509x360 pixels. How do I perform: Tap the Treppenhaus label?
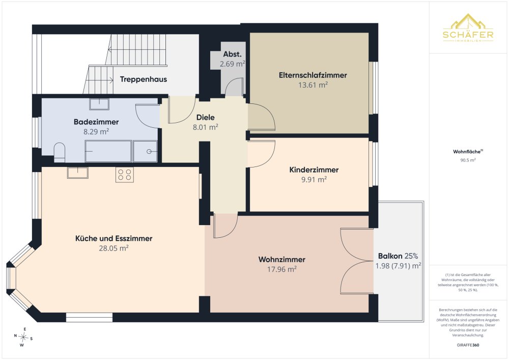(144, 79)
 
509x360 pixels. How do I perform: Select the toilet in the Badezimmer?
(60, 152)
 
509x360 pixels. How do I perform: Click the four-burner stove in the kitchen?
(125, 174)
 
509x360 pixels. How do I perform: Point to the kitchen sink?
(77, 173)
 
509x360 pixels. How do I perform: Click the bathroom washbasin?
(99, 104)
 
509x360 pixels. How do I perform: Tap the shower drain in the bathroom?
(149, 151)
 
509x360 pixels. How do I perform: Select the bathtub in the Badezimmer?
(108, 151)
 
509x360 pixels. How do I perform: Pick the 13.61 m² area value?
(313, 85)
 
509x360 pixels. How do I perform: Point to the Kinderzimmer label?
(314, 170)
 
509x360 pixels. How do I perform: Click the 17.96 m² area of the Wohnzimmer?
(282, 269)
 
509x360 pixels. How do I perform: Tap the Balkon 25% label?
(398, 256)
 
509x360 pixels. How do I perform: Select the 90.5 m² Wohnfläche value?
(468, 160)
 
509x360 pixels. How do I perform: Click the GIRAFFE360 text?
(468, 345)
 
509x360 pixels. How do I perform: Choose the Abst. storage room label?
(232, 54)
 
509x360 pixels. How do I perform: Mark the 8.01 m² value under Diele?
(206, 127)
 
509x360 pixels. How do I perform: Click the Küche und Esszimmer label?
(114, 239)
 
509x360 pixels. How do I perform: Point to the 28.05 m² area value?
(114, 248)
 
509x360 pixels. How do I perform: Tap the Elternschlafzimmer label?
(313, 75)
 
